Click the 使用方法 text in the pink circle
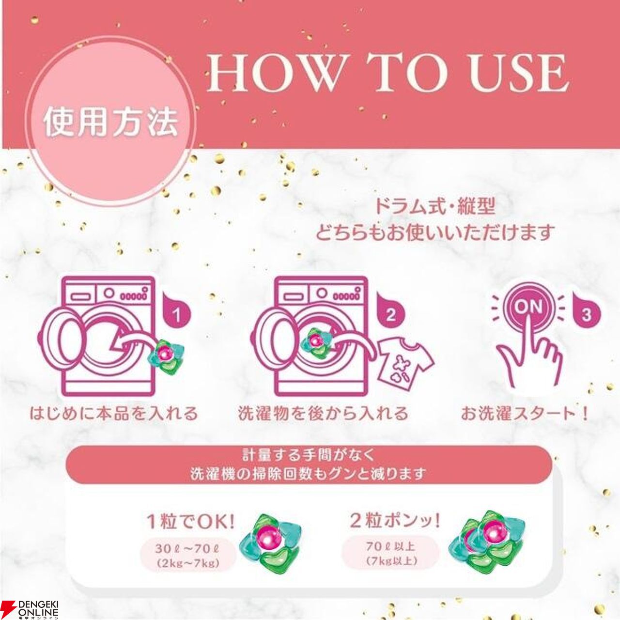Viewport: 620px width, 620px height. click(111, 123)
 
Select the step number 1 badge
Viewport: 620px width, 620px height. click(176, 315)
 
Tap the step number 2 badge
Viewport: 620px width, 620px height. click(391, 315)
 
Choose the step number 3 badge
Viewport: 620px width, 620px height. click(587, 315)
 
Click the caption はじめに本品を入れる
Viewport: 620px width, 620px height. click(113, 414)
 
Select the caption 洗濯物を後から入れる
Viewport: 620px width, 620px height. click(324, 414)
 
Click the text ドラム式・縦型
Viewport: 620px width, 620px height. click(435, 207)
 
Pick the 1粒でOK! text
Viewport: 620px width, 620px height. click(190, 522)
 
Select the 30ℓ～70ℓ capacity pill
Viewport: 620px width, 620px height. click(186, 554)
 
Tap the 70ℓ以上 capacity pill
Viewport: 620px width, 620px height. click(390, 552)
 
